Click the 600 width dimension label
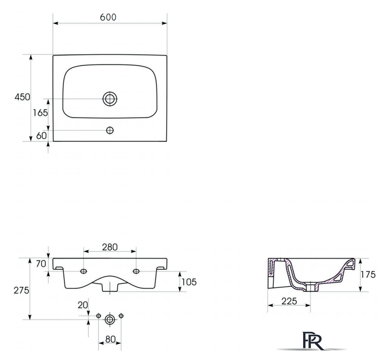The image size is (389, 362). point(109,17)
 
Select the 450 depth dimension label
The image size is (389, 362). point(21,97)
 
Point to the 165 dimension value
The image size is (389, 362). point(40,113)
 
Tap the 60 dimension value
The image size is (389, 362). point(41,136)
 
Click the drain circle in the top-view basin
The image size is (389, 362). point(110,99)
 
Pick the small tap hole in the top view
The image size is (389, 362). point(110,131)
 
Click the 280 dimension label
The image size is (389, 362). point(110,247)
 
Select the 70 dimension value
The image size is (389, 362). point(40,264)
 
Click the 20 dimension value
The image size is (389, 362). point(83,305)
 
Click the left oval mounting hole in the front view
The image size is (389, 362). point(84,272)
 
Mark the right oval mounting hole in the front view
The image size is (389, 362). point(136,272)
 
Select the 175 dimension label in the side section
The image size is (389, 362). point(368,275)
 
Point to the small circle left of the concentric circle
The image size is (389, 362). point(98,315)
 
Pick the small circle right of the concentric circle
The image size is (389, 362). point(121,315)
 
